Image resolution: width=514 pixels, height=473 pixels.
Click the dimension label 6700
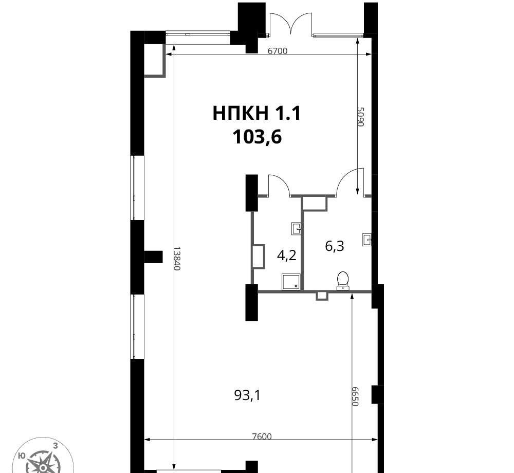[x=278, y=51]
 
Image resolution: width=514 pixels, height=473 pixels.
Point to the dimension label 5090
[x=361, y=117]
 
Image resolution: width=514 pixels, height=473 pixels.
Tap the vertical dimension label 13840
[x=177, y=258]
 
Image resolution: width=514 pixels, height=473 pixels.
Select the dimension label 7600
[x=262, y=436]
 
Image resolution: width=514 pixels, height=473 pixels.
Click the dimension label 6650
[x=355, y=396]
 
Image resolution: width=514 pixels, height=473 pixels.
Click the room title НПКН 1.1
[x=256, y=114]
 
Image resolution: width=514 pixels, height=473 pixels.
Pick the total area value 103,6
[x=257, y=137]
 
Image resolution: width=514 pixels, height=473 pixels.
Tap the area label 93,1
[x=248, y=395]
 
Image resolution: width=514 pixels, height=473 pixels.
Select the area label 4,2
[x=287, y=255]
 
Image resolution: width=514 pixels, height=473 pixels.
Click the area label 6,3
[x=335, y=246]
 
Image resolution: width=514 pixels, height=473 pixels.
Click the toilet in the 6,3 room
[x=343, y=281]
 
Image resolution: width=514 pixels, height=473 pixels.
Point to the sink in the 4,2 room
[x=297, y=228]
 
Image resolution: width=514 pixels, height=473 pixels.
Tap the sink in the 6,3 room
[x=367, y=240]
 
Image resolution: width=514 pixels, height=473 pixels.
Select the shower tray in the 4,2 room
[x=290, y=282]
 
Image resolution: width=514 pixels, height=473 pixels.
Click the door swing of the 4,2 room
[x=279, y=186]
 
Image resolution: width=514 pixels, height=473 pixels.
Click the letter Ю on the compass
[x=22, y=456]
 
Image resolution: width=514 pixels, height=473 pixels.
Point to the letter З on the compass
[x=56, y=445]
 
